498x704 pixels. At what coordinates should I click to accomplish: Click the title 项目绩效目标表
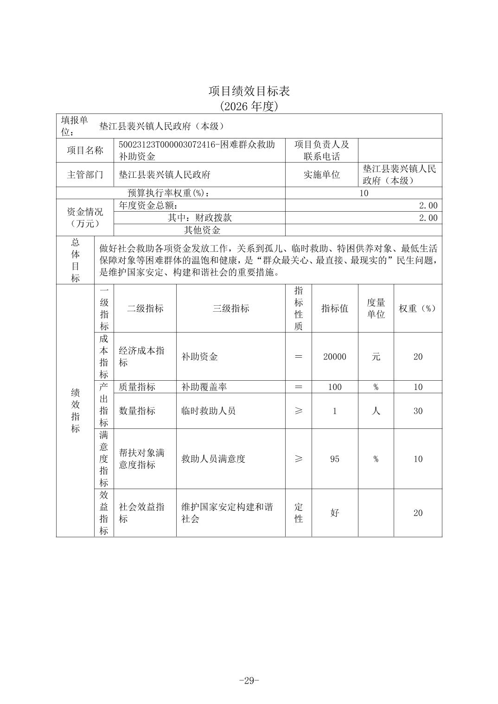pyautogui.click(x=249, y=91)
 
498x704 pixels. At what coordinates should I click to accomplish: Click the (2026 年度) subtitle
pyautogui.click(x=249, y=107)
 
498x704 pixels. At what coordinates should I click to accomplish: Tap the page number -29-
pyautogui.click(x=249, y=680)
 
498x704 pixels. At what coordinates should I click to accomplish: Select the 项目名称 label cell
pyautogui.click(x=85, y=151)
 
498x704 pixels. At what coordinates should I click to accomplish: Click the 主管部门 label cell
pyautogui.click(x=85, y=175)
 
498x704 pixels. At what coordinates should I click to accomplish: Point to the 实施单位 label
pyautogui.click(x=321, y=175)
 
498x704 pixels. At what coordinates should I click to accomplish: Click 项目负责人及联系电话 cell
pyautogui.click(x=321, y=151)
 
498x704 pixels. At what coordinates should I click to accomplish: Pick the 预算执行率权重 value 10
pyautogui.click(x=364, y=193)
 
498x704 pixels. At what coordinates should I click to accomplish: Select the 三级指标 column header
pyautogui.click(x=230, y=308)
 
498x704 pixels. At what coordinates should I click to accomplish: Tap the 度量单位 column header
pyautogui.click(x=376, y=308)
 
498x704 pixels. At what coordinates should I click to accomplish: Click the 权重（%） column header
pyautogui.click(x=418, y=308)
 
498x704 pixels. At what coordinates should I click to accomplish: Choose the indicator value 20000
pyautogui.click(x=334, y=357)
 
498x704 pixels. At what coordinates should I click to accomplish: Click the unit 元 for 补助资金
pyautogui.click(x=376, y=357)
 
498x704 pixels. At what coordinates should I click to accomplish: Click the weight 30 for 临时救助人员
pyautogui.click(x=418, y=411)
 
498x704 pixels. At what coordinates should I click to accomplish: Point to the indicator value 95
pyautogui.click(x=334, y=459)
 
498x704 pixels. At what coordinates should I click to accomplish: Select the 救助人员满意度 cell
pyautogui.click(x=213, y=459)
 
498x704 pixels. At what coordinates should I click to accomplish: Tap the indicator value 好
pyautogui.click(x=334, y=513)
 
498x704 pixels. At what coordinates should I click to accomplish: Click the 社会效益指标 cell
pyautogui.click(x=142, y=513)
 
